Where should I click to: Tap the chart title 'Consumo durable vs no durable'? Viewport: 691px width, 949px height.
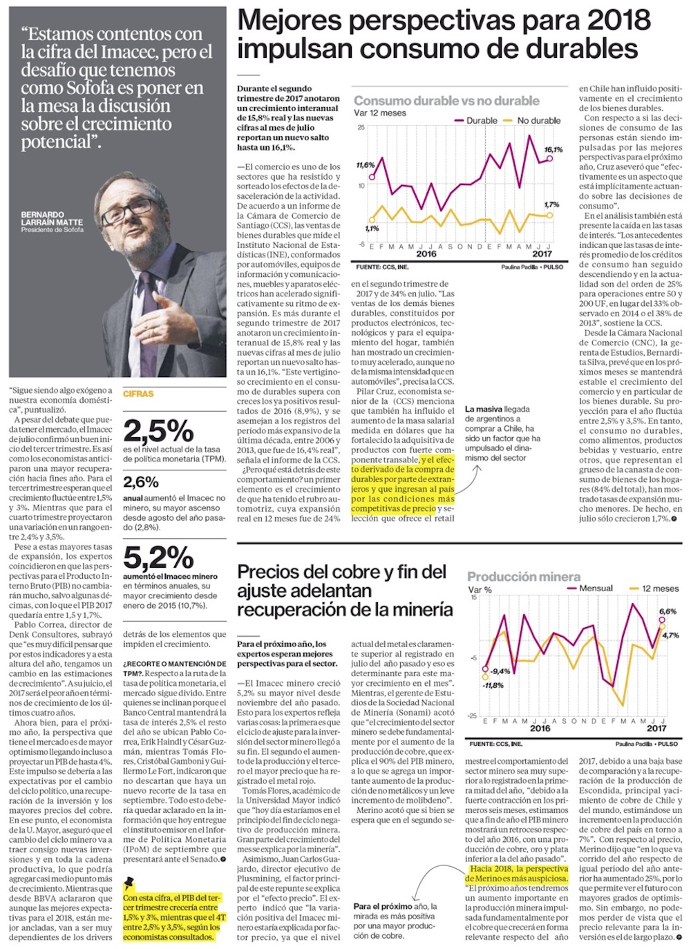pos(446,101)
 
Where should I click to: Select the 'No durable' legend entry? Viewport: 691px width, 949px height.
pos(538,120)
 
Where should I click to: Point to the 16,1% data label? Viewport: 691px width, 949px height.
pos(553,149)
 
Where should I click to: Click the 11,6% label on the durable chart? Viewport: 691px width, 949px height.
pos(366,166)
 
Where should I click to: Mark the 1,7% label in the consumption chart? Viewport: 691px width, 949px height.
pos(551,204)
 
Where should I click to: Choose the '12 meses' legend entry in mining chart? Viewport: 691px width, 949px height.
pos(660,588)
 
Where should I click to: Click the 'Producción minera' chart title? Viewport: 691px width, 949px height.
pos(524,577)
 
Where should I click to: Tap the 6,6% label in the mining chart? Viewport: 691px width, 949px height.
pos(668,611)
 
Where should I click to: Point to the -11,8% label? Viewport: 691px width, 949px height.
pos(493,685)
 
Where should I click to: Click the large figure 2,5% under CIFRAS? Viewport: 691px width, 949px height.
pos(158,431)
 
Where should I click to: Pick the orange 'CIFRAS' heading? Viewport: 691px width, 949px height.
pos(138,394)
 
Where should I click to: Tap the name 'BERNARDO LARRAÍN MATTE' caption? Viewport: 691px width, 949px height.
pos(52,219)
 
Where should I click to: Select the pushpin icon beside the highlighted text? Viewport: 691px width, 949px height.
pos(129,883)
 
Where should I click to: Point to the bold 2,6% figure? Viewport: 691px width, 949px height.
pos(141,481)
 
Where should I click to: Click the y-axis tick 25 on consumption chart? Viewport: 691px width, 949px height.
pos(361,128)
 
